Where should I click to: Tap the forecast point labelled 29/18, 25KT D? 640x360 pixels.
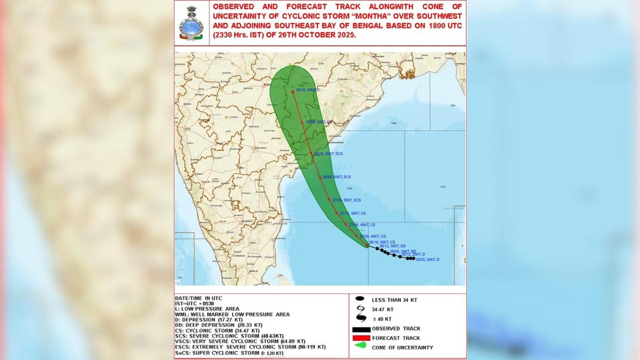[293, 92]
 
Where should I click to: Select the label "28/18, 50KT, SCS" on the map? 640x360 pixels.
[329, 154]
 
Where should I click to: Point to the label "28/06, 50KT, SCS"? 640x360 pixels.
[336, 177]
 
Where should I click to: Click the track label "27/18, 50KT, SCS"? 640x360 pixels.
[347, 200]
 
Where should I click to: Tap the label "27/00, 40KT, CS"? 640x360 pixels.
[373, 236]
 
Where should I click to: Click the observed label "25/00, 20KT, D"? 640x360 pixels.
[426, 259]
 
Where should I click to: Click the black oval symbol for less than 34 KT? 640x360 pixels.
[360, 300]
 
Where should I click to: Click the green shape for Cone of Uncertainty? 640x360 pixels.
[360, 348]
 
